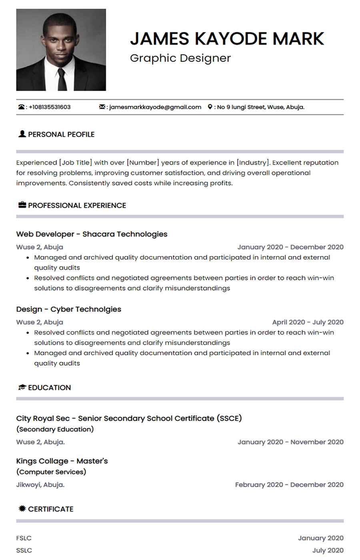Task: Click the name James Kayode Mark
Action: click(x=227, y=38)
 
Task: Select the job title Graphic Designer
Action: click(x=180, y=58)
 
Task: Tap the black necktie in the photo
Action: click(x=62, y=80)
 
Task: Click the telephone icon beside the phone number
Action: click(x=21, y=107)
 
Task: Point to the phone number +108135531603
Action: click(x=50, y=107)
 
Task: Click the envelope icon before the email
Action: click(x=102, y=107)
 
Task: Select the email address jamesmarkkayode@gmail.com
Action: click(x=155, y=107)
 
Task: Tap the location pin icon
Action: click(x=210, y=107)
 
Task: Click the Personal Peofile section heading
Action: click(x=61, y=134)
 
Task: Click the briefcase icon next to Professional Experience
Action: click(x=22, y=205)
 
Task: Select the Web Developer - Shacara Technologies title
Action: click(x=92, y=234)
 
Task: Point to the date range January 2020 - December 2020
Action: click(x=290, y=247)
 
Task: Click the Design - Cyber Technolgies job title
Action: click(x=68, y=309)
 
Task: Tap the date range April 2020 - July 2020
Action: click(x=308, y=322)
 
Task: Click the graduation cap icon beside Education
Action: click(x=22, y=387)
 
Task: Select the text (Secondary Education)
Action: click(x=55, y=429)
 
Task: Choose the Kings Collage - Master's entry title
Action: click(x=62, y=461)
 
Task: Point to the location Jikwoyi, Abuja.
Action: click(x=40, y=484)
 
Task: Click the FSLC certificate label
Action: click(x=24, y=538)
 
